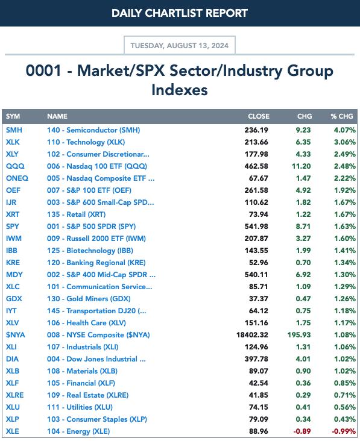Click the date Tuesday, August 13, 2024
point(180,46)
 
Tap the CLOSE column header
point(259,116)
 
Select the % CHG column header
point(342,116)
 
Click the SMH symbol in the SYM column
point(14,130)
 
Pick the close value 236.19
point(256,130)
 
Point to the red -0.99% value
point(344,431)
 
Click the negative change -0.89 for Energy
point(302,431)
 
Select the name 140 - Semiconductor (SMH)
point(93,130)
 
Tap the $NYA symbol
point(16,335)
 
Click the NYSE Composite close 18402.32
point(252,335)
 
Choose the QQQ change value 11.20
point(302,166)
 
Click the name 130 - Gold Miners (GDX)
point(89,299)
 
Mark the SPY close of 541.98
point(256,227)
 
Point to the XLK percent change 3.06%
point(345,142)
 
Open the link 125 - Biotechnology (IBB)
point(90,251)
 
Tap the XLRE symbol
point(15,395)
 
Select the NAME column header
point(57,116)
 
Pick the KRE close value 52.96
point(258,263)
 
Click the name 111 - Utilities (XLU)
point(80,407)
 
